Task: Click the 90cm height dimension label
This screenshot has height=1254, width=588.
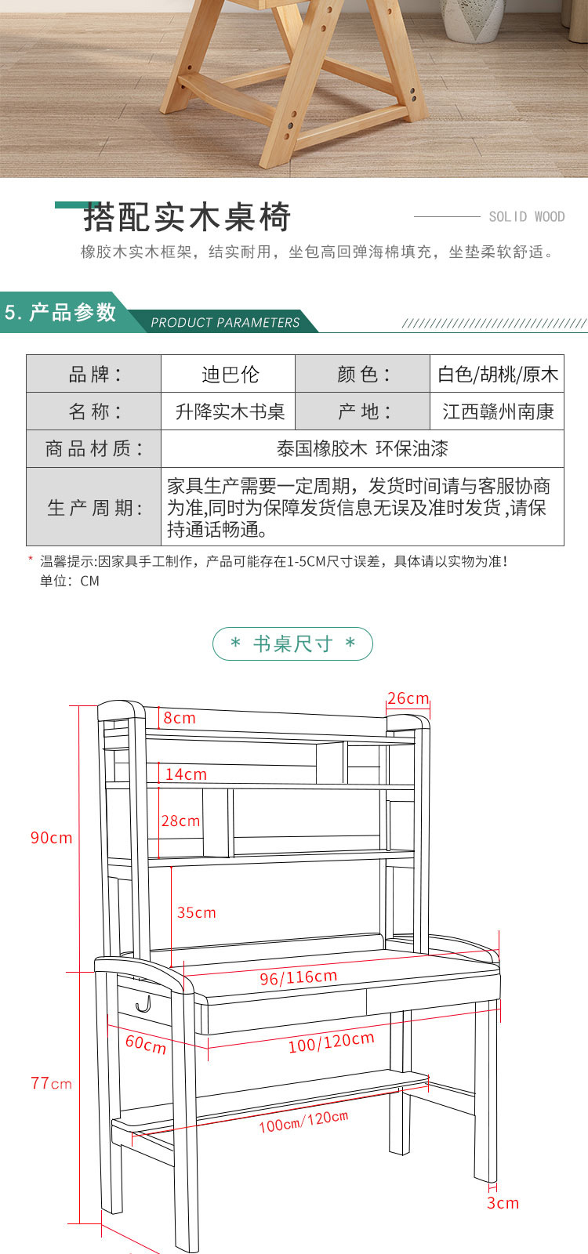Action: [x=52, y=838]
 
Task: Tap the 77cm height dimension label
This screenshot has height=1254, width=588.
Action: [x=52, y=1083]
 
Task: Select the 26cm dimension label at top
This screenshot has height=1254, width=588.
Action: [x=408, y=698]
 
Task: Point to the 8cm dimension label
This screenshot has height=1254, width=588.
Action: [x=180, y=718]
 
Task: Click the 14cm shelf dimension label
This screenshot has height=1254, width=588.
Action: [x=186, y=774]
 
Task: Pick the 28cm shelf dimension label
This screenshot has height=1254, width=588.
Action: [x=180, y=821]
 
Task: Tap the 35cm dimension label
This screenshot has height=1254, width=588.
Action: [x=197, y=912]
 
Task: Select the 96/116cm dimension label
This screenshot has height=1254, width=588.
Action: [x=299, y=977]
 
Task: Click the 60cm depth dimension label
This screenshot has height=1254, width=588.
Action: [x=146, y=1044]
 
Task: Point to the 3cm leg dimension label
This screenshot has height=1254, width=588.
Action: [x=503, y=1203]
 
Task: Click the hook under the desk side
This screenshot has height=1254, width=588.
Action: [x=143, y=1005]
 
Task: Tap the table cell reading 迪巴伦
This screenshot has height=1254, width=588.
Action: [x=230, y=375]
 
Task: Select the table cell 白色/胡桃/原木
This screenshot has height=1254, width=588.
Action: [x=498, y=375]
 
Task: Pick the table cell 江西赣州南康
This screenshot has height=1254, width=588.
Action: [x=498, y=412]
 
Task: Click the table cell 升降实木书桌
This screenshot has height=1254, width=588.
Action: [x=230, y=412]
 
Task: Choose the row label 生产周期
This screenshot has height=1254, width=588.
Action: [x=94, y=508]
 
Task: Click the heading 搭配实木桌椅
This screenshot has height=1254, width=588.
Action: [x=187, y=217]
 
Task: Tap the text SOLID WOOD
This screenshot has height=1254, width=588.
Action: [x=526, y=216]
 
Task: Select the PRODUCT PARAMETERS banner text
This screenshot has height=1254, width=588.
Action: [x=225, y=322]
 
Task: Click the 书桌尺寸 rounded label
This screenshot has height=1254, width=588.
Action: [x=293, y=643]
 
